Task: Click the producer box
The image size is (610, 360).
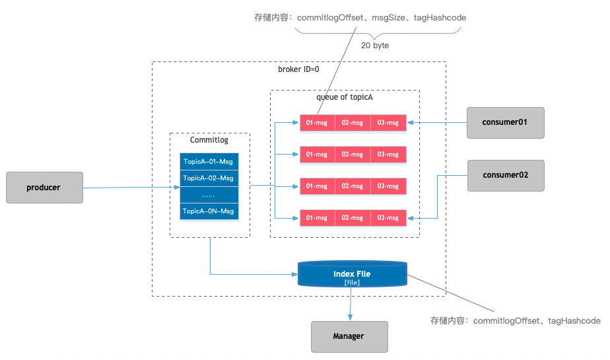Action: [44, 188]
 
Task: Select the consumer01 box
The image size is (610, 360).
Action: [505, 122]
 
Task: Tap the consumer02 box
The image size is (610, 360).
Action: [505, 176]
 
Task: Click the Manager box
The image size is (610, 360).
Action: [349, 336]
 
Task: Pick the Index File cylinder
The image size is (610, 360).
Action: [352, 274]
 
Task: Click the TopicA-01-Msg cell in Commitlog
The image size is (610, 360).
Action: [208, 161]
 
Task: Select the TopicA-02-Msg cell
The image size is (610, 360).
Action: [208, 178]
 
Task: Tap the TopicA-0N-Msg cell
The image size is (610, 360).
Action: [208, 211]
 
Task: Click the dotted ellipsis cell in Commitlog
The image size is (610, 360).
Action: [208, 195]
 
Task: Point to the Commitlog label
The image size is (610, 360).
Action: [209, 140]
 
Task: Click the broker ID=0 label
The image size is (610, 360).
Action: [298, 69]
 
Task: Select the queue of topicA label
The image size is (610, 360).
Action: [344, 97]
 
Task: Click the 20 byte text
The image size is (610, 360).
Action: [374, 46]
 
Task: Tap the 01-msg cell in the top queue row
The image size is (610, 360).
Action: [317, 122]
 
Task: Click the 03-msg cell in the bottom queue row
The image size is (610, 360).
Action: [388, 218]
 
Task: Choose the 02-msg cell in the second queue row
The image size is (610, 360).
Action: [353, 155]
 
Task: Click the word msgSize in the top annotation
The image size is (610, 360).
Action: [389, 18]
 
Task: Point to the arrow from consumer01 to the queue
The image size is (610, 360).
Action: [436, 122]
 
